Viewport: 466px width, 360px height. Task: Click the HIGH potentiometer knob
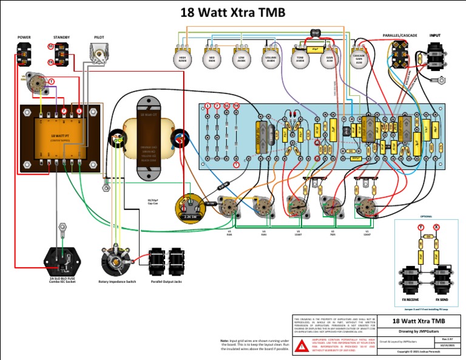coord(181,59)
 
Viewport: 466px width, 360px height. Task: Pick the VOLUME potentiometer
coord(271,59)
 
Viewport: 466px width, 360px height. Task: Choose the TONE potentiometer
coord(300,59)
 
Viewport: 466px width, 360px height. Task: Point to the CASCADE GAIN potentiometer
coord(359,59)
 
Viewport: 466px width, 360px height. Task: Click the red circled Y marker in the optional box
coord(420,226)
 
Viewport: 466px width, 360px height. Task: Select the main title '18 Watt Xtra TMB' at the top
coord(233,12)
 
